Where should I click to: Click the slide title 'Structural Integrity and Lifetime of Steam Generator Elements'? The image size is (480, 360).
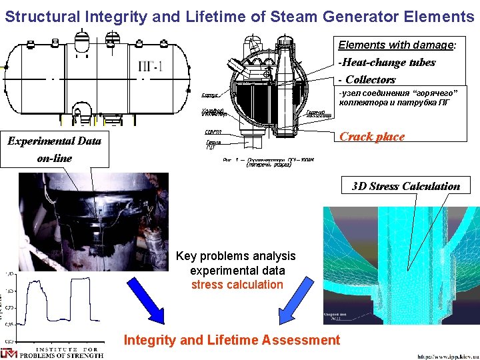tap(239, 14)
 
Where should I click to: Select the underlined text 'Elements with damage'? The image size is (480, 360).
tap(396, 45)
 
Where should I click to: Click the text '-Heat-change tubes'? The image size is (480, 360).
tap(387, 63)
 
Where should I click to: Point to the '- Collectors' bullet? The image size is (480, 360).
tap(367, 79)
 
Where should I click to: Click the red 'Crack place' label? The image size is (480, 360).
tap(372, 137)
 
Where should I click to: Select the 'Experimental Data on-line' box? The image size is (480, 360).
tap(55, 149)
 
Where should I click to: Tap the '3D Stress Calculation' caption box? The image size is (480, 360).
tap(406, 186)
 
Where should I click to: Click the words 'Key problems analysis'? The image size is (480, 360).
tap(235, 256)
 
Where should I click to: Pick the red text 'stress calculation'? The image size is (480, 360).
tap(237, 285)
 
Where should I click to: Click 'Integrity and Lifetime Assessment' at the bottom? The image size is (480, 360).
tap(231, 340)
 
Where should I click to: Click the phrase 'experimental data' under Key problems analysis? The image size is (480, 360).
tap(237, 271)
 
